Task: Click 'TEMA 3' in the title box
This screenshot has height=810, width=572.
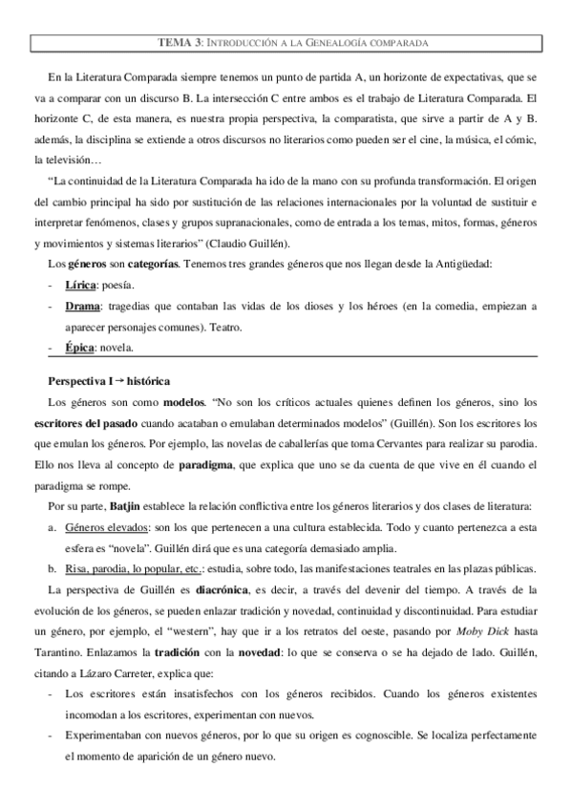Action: [179, 43]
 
